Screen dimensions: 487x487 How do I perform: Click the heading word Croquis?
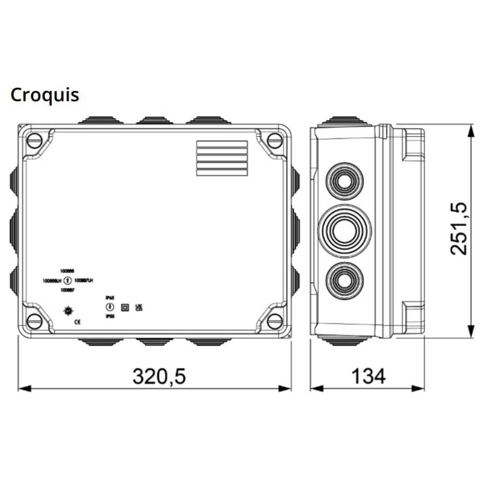point(45,94)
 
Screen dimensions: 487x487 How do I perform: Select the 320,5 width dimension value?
point(159,376)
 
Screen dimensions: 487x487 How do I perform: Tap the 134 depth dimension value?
point(368,376)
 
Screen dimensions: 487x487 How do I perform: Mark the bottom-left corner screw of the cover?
point(34,321)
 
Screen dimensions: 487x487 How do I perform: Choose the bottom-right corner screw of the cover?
point(275,321)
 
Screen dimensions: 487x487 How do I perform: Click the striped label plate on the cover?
point(221,158)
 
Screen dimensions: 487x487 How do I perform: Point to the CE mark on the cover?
point(77,322)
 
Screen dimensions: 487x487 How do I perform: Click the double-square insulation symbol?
point(124,307)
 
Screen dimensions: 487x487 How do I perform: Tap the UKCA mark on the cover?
point(138,307)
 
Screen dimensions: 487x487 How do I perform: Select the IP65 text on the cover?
point(110,297)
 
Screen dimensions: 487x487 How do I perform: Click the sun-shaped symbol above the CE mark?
point(68,310)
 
